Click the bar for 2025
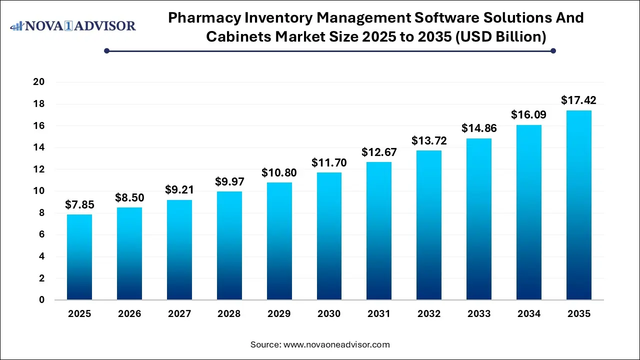click(79, 257)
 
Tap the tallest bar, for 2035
click(578, 205)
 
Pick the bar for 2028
click(229, 245)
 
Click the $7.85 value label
click(79, 204)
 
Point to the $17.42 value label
click(578, 100)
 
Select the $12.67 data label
click(379, 152)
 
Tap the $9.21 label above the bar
click(179, 190)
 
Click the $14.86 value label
click(478, 128)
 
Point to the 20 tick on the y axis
click(39, 82)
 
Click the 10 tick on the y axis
click(39, 191)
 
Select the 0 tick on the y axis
click(42, 300)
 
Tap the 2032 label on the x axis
click(429, 314)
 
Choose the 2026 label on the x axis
click(129, 314)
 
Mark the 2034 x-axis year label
click(528, 314)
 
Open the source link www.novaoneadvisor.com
click(336, 344)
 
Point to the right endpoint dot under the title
click(553, 50)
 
